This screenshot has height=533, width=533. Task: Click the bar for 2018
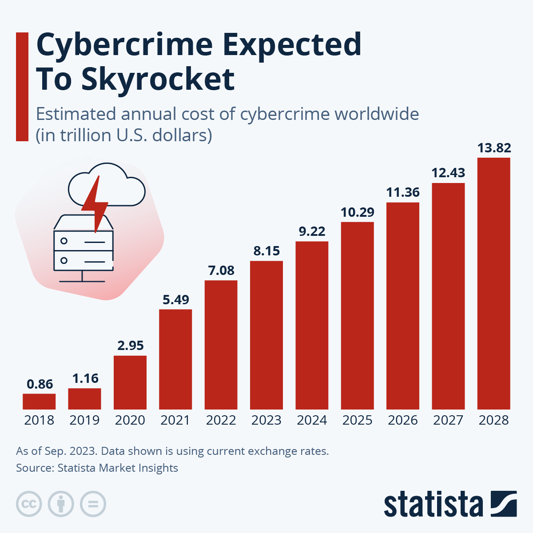(x=39, y=402)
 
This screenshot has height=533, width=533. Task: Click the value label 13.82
(x=494, y=147)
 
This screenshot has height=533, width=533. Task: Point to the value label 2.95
(x=131, y=346)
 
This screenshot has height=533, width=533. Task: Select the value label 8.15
(x=266, y=251)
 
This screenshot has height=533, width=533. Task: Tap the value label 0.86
(x=40, y=384)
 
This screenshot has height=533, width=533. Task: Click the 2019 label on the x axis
(x=84, y=420)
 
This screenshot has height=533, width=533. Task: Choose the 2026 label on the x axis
(x=403, y=420)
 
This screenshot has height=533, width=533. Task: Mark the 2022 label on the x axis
(x=221, y=420)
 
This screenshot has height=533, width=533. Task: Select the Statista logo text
(x=433, y=505)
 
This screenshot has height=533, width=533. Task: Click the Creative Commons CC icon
(x=29, y=504)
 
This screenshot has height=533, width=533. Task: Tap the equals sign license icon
(x=93, y=504)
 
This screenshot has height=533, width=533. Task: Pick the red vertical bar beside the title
(x=22, y=87)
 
